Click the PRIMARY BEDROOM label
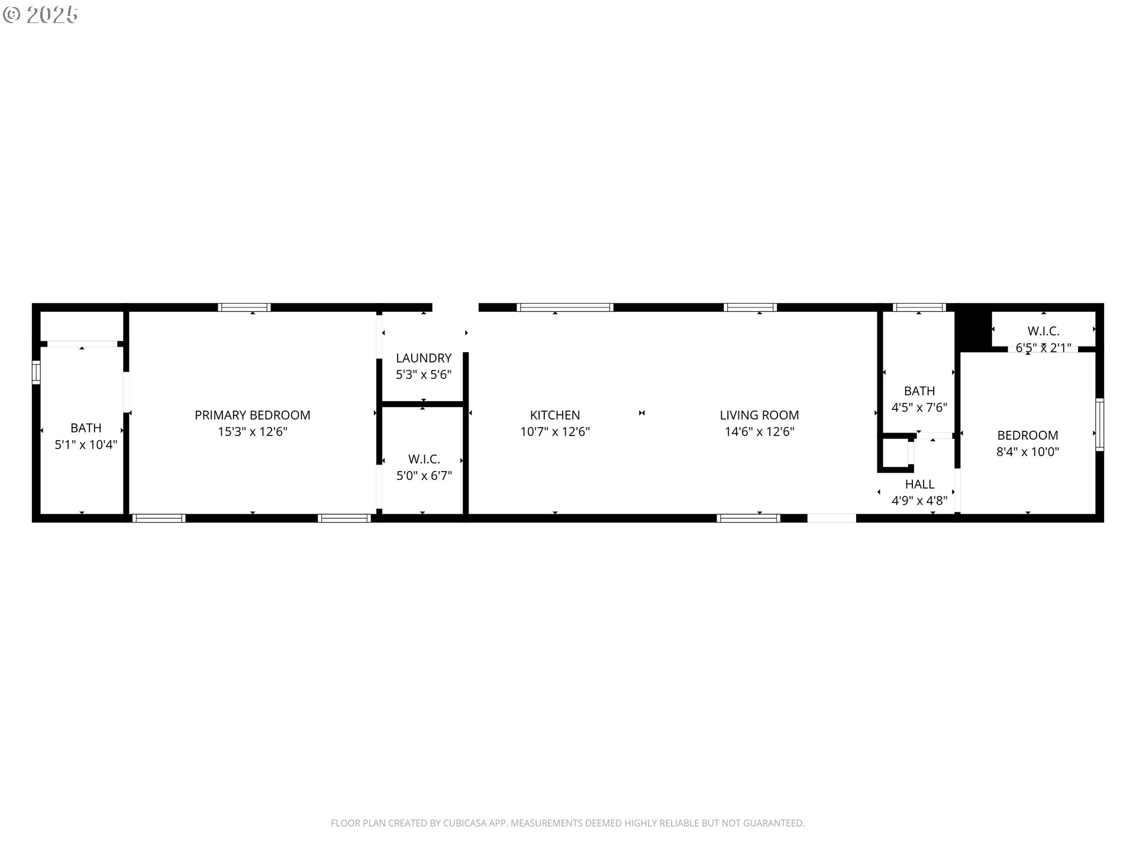(253, 415)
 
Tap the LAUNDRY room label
(424, 358)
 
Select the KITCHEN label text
(555, 415)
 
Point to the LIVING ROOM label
(759, 415)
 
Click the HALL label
(919, 484)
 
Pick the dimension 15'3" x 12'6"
(253, 432)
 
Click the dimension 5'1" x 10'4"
(86, 444)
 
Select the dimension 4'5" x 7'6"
(919, 408)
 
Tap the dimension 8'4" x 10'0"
(1028, 452)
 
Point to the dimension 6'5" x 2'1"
(1044, 348)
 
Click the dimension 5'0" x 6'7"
(424, 476)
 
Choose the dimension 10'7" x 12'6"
(555, 432)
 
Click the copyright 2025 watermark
(40, 15)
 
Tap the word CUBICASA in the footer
(466, 823)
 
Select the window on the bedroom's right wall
(1099, 425)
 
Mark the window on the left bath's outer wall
(36, 372)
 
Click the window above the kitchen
(565, 307)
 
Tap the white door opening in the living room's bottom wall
(831, 518)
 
